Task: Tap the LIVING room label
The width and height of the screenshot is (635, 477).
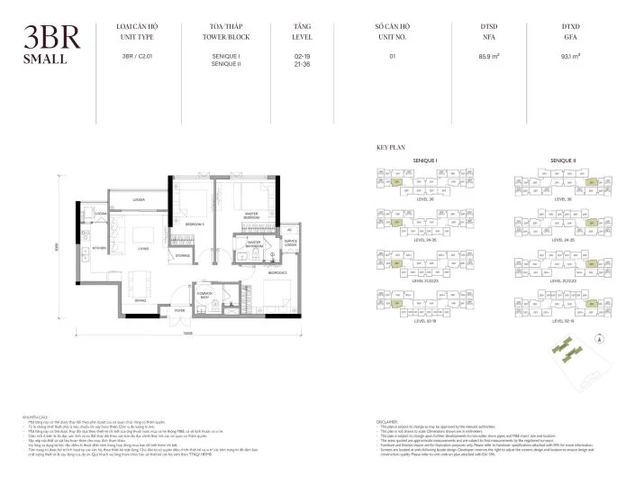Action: pyautogui.click(x=141, y=249)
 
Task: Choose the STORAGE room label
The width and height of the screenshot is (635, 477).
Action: pyautogui.click(x=183, y=256)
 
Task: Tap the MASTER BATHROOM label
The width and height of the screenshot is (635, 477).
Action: pyautogui.click(x=249, y=244)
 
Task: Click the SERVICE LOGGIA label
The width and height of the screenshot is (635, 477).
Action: pyautogui.click(x=290, y=243)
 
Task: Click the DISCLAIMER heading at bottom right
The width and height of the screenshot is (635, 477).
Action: pyautogui.click(x=389, y=419)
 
